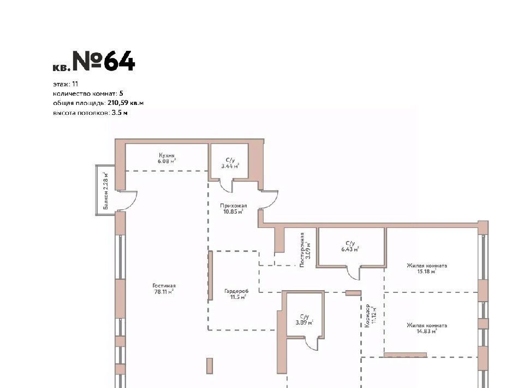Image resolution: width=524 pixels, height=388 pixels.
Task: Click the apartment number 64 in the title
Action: click(119, 61)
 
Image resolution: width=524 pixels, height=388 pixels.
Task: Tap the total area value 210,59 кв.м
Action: click(126, 103)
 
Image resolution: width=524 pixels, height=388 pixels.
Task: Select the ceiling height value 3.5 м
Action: click(120, 113)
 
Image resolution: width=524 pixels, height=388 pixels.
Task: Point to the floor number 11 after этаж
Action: click(75, 84)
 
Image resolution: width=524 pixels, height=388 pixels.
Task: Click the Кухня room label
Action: click(167, 156)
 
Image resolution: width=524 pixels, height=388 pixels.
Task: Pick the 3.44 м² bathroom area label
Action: click(230, 166)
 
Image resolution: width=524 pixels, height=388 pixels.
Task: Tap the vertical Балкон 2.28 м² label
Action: click(106, 191)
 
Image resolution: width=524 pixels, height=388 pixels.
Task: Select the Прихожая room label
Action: click(233, 205)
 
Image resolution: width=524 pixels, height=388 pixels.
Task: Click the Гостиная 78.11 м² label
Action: click(163, 289)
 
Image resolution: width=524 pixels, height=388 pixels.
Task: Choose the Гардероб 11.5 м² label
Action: click(236, 294)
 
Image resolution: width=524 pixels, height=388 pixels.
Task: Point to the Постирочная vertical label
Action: click(302, 250)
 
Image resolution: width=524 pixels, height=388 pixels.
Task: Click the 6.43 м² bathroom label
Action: click(350, 249)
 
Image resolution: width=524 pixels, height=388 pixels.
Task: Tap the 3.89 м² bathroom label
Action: click(304, 322)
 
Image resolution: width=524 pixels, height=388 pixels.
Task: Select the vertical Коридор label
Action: click(367, 315)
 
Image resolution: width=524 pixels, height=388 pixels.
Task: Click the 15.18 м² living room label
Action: click(426, 272)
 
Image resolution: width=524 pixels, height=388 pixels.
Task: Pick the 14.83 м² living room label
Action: click(426, 331)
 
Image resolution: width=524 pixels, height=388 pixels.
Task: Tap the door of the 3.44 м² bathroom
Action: click(225, 187)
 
